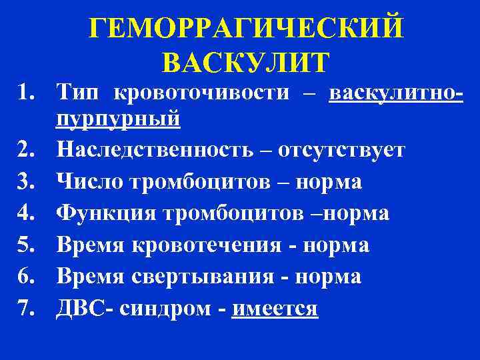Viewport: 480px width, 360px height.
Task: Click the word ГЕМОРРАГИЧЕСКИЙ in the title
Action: pos(246,29)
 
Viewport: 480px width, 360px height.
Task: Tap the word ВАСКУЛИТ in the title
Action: pos(245,61)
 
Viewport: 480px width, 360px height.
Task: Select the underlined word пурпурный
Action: pos(119,119)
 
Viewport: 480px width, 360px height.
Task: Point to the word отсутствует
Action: pos(340,150)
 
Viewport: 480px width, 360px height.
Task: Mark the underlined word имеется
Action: pos(275,309)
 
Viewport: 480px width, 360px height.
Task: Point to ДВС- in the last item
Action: pos(83,309)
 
